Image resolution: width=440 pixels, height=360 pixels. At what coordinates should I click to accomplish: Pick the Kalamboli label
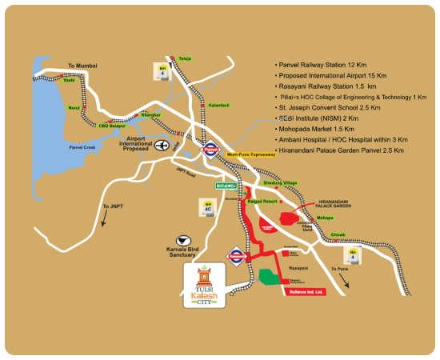[218, 106]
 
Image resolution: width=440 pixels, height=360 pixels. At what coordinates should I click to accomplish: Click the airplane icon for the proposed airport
[164, 145]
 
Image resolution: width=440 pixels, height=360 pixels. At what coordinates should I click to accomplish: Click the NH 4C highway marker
[209, 210]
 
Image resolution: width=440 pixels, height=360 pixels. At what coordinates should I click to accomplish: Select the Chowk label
[338, 234]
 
